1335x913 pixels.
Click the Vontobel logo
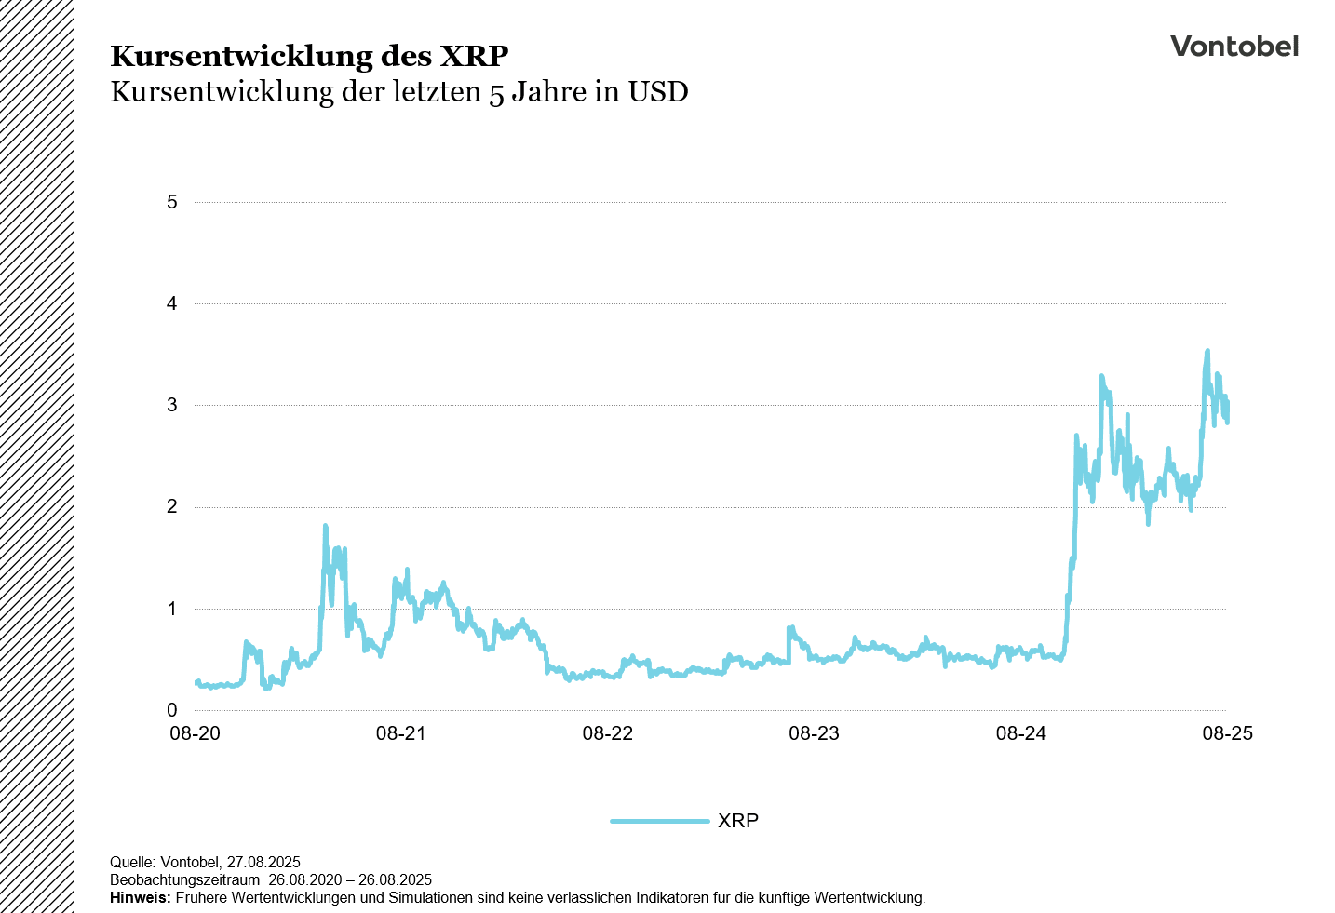(1234, 47)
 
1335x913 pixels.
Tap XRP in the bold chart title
(474, 56)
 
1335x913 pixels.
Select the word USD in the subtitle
(658, 92)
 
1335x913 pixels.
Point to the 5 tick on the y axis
(172, 202)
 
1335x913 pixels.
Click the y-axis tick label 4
(172, 303)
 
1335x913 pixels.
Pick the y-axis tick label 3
(172, 405)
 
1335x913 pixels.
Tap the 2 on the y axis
(172, 507)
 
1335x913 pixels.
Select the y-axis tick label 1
(172, 609)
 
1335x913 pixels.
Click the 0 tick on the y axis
(172, 710)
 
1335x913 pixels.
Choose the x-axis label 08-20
(195, 733)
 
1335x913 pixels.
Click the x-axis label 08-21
(401, 733)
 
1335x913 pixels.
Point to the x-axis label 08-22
(608, 733)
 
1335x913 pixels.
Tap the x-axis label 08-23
(815, 733)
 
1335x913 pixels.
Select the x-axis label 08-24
(1021, 733)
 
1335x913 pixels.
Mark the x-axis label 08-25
(1227, 733)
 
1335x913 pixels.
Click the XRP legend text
(738, 821)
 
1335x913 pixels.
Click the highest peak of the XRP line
(1207, 351)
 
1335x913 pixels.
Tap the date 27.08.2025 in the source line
(263, 863)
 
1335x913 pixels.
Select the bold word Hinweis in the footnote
(140, 898)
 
